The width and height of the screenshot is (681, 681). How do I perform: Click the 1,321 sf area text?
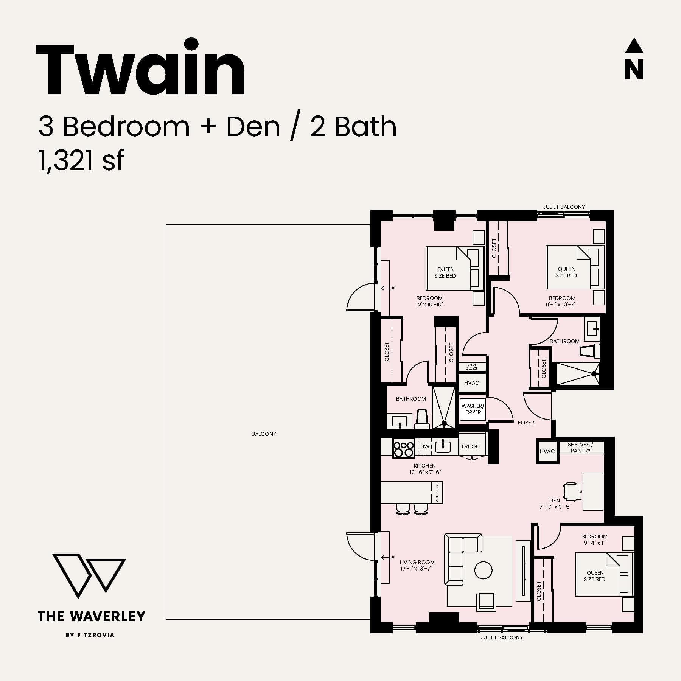pos(81,161)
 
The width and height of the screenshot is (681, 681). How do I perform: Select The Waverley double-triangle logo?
pos(89,575)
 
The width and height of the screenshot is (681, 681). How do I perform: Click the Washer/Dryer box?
pos(473,409)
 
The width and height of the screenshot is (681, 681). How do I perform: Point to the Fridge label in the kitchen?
pos(471,446)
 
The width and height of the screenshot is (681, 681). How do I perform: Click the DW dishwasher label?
pos(424,446)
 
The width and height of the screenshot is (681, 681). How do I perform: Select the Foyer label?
pos(526,423)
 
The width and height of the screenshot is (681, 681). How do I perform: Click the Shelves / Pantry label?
pos(580,448)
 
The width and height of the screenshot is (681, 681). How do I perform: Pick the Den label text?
pos(555,500)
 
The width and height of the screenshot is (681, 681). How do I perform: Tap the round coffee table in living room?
pos(483,570)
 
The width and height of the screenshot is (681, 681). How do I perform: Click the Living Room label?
pos(417,562)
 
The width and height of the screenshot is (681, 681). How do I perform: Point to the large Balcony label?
pos(264,434)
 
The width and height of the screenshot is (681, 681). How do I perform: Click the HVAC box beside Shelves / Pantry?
pos(547,451)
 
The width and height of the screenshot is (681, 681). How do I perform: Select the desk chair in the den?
pos(572,491)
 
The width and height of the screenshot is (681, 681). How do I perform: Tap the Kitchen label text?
pos(424,466)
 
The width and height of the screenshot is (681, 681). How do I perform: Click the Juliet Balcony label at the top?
pos(564,207)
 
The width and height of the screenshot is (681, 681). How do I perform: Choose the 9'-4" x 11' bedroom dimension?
pos(595,543)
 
